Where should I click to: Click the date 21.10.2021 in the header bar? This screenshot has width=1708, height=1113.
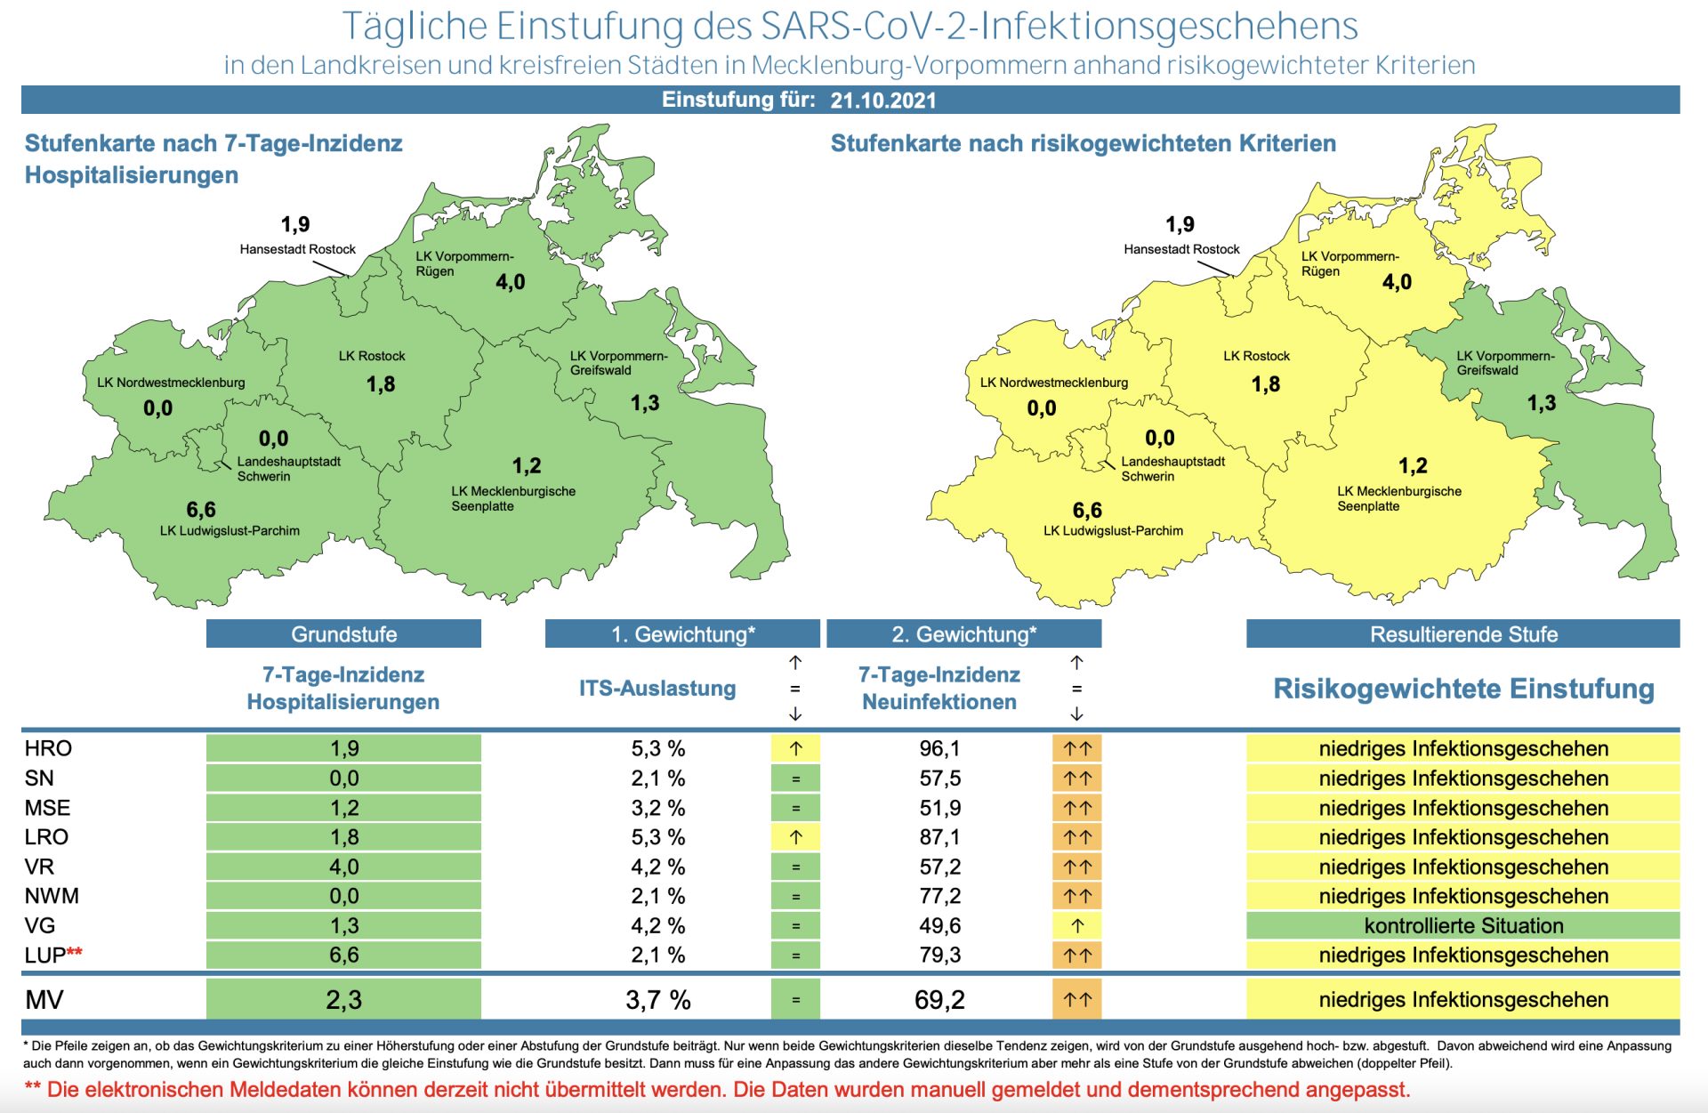[882, 101]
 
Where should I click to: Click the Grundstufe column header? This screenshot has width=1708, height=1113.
[343, 634]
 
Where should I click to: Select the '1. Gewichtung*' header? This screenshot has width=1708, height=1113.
[682, 634]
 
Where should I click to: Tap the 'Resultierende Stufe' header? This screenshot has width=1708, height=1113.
[1462, 634]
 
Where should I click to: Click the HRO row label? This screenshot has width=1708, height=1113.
[48, 748]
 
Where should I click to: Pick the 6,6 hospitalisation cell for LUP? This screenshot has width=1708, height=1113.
[343, 955]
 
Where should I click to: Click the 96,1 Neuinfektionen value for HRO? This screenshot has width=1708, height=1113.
[939, 748]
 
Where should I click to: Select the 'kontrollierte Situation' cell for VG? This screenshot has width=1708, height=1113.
[1462, 925]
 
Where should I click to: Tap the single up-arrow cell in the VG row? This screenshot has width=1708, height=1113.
[1076, 925]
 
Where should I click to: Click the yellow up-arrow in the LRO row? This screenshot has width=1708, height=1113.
[795, 837]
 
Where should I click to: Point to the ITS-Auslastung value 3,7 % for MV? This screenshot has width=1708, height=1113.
[657, 1000]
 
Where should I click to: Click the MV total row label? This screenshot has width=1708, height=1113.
[44, 1000]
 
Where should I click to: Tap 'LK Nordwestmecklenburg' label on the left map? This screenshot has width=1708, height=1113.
[171, 383]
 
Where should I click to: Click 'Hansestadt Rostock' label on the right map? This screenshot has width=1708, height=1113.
[1181, 249]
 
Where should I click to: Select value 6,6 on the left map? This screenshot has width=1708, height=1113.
[201, 510]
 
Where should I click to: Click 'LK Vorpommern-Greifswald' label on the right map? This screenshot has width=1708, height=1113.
[1505, 363]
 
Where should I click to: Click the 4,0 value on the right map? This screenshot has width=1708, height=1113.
[1397, 282]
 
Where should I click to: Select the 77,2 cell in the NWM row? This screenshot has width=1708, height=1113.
[939, 896]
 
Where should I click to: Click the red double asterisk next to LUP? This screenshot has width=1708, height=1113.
[75, 953]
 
